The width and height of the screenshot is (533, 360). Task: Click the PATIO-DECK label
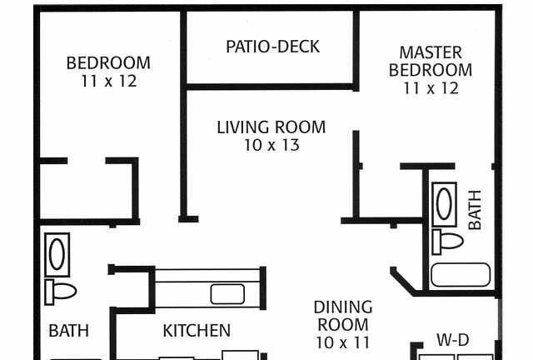pyautogui.click(x=272, y=47)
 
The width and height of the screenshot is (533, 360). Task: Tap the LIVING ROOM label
pyautogui.click(x=271, y=127)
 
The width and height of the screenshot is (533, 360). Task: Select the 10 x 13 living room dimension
pyautogui.click(x=272, y=145)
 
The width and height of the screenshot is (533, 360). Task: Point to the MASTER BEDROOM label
pyautogui.click(x=431, y=61)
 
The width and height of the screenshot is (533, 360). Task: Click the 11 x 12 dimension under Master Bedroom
pyautogui.click(x=431, y=88)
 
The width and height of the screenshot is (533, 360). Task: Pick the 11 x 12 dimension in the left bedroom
pyautogui.click(x=109, y=81)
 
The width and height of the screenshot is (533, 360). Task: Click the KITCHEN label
pyautogui.click(x=197, y=330)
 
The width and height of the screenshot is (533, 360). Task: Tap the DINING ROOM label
pyautogui.click(x=343, y=316)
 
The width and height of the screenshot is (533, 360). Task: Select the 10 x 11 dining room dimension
pyautogui.click(x=342, y=342)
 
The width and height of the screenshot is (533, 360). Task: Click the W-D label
pyautogui.click(x=453, y=340)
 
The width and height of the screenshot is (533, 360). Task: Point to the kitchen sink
pyautogui.click(x=227, y=294)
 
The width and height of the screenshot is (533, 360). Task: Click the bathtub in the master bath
pyautogui.click(x=461, y=275)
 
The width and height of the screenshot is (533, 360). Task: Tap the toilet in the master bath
pyautogui.click(x=447, y=241)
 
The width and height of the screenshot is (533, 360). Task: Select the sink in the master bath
pyautogui.click(x=444, y=204)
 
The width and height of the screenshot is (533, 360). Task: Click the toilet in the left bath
pyautogui.click(x=60, y=292)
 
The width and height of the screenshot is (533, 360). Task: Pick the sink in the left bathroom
pyautogui.click(x=57, y=254)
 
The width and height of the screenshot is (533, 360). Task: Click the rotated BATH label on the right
pyautogui.click(x=475, y=210)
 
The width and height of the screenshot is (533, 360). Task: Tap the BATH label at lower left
pyautogui.click(x=68, y=330)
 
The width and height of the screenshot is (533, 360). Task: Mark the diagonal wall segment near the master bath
pyautogui.click(x=403, y=282)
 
